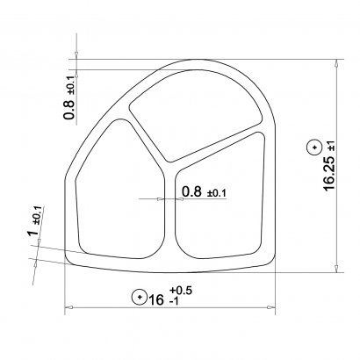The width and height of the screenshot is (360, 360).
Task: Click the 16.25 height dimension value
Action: (x=329, y=173)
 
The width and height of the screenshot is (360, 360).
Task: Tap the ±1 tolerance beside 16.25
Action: (x=332, y=146)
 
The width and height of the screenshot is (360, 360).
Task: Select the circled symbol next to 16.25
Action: (x=315, y=148)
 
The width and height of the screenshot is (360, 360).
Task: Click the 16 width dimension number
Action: (x=156, y=299)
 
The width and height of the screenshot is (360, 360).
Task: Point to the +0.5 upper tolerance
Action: (x=181, y=290)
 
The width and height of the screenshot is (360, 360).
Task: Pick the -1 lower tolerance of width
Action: (x=174, y=301)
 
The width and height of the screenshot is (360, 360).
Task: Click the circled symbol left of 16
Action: (x=140, y=297)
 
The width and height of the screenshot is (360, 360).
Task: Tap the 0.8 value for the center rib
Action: (x=191, y=191)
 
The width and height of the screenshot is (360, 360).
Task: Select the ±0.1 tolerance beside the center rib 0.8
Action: (x=217, y=193)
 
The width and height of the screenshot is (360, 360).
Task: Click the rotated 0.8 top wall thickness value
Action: (x=69, y=110)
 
